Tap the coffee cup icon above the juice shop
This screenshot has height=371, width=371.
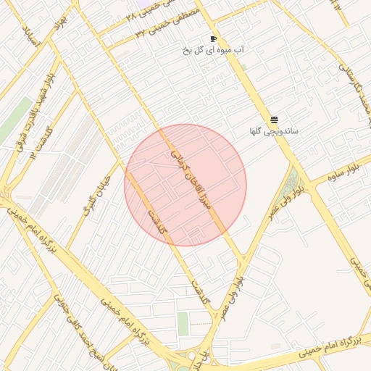(213, 38)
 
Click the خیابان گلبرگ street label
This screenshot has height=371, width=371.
(96, 196)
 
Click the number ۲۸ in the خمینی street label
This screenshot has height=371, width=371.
(130, 15)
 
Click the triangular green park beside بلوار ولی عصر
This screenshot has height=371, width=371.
(291, 181)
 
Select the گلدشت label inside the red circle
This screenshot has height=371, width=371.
(157, 221)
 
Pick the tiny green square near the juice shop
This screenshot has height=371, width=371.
(244, 67)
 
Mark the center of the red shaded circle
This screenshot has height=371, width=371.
(185, 185)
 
